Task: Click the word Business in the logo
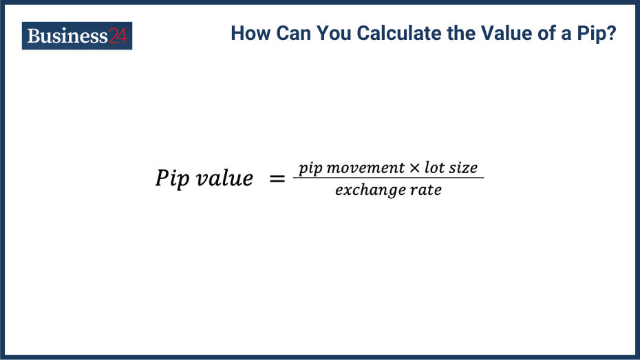pyautogui.click(x=67, y=36)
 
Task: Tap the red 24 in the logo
pyautogui.click(x=118, y=36)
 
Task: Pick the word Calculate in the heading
pyautogui.click(x=392, y=34)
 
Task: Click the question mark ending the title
pyautogui.click(x=611, y=34)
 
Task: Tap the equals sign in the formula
pyautogui.click(x=277, y=179)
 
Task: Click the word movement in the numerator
pyautogui.click(x=367, y=168)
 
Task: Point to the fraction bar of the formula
pyautogui.click(x=389, y=178)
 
